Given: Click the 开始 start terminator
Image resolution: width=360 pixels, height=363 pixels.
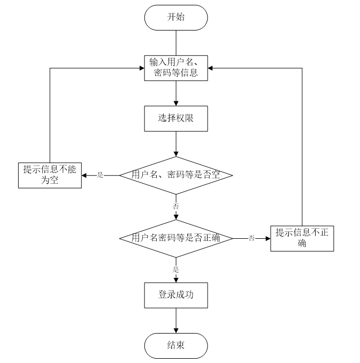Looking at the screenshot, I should pyautogui.click(x=175, y=17).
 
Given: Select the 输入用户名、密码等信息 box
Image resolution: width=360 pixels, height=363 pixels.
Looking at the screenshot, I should pyautogui.click(x=175, y=68).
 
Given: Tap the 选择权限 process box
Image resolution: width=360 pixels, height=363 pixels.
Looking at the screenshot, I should pyautogui.click(x=175, y=119).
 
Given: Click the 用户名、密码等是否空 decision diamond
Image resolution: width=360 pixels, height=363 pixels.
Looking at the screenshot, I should pyautogui.click(x=175, y=175).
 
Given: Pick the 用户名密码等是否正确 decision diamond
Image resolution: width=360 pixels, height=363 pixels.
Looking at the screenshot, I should pyautogui.click(x=175, y=238).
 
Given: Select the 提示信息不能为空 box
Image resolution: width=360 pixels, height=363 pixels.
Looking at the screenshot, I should pyautogui.click(x=50, y=175).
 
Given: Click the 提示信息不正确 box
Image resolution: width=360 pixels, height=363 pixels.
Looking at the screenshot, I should pyautogui.click(x=302, y=238).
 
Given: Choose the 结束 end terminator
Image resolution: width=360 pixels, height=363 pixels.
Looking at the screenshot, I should pyautogui.click(x=175, y=345).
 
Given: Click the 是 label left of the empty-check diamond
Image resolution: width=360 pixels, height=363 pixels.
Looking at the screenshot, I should pyautogui.click(x=100, y=175).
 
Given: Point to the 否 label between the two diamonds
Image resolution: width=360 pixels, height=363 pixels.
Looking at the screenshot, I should pyautogui.click(x=175, y=206).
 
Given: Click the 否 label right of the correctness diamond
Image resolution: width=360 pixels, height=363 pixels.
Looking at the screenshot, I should pyautogui.click(x=251, y=238).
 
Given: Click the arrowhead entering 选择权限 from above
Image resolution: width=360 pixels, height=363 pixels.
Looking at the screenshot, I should pyautogui.click(x=175, y=103).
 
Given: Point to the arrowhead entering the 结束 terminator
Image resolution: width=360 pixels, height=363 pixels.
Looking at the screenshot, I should pyautogui.click(x=175, y=330).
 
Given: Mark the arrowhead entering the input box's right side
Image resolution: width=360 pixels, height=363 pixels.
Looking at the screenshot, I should pyautogui.click(x=211, y=68).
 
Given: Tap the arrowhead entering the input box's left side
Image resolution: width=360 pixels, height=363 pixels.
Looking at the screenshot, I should pyautogui.click(x=141, y=68).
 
